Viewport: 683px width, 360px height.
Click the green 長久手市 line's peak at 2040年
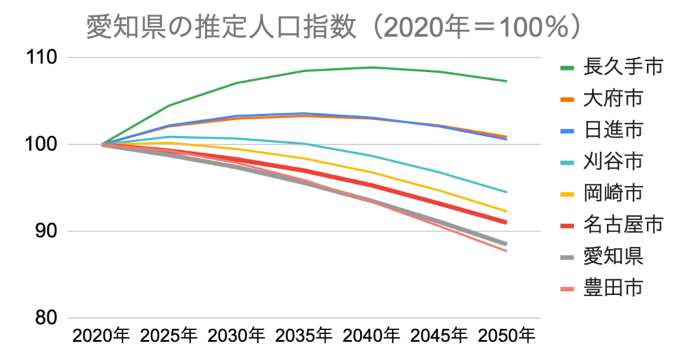point(372,67)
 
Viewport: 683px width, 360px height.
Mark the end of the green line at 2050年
point(506,81)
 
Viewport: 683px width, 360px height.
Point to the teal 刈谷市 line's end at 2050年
point(506,192)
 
